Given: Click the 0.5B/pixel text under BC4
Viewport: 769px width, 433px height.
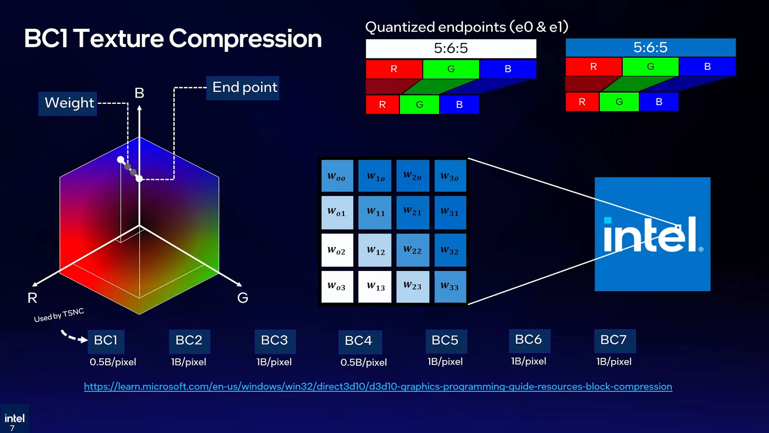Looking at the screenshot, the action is tap(364, 362).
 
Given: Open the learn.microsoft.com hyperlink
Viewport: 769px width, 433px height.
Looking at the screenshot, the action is tap(378, 386).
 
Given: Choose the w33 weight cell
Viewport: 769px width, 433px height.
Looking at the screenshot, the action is tap(450, 286).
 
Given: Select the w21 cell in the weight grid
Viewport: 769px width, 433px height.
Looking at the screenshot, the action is tap(413, 212).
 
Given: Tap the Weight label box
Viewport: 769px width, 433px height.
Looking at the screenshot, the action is tap(68, 103).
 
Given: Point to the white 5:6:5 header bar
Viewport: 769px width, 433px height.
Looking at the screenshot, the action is tap(451, 48).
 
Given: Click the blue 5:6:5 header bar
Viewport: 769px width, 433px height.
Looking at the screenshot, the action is tap(651, 47).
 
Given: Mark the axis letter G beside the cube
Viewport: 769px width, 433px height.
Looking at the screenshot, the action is tap(243, 298).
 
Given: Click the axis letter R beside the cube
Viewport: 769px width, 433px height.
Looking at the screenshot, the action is tap(32, 298).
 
